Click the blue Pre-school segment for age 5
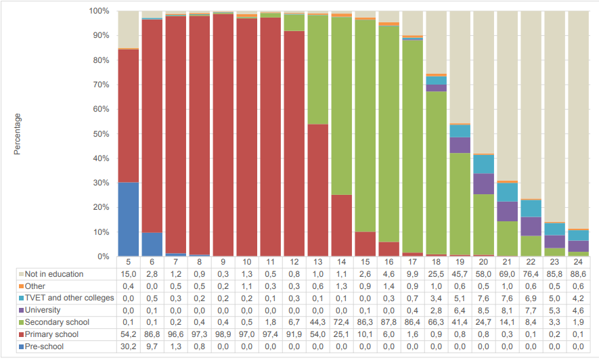click(129, 219)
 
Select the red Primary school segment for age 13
click(318, 190)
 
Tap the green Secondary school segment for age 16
click(389, 134)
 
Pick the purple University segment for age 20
click(484, 184)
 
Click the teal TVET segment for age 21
click(508, 192)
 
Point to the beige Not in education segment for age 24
click(579, 120)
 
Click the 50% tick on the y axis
click(101, 134)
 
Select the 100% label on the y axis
click(99, 11)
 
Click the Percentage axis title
click(17, 134)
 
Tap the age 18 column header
click(437, 262)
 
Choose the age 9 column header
click(223, 262)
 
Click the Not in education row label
click(54, 274)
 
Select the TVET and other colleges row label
click(70, 298)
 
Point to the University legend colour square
click(22, 311)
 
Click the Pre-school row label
click(44, 346)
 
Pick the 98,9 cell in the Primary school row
click(223, 334)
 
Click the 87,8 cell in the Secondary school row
click(389, 322)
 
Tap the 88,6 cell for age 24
click(579, 274)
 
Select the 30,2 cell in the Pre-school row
click(129, 346)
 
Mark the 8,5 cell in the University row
click(484, 310)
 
